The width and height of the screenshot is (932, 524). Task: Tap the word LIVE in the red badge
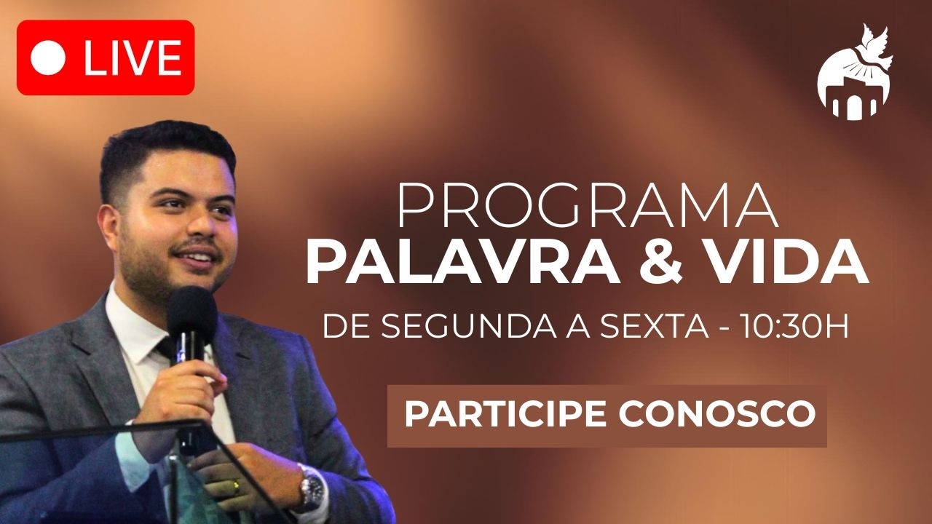(132, 57)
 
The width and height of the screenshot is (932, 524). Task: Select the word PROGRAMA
(587, 207)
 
